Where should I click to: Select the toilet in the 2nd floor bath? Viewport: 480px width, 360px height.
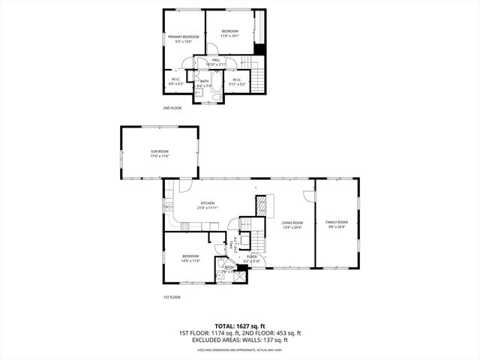(x=213, y=95)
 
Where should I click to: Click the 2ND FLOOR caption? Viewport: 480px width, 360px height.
(x=172, y=108)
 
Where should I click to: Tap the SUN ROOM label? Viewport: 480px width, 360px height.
(x=159, y=154)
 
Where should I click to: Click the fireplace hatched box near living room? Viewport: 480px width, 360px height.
(x=262, y=205)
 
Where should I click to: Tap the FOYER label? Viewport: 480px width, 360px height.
(x=252, y=258)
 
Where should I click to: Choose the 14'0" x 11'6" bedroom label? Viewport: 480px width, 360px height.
(x=190, y=259)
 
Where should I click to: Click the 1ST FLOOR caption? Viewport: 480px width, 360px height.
(x=172, y=297)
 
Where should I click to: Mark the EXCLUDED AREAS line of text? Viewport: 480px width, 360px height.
(x=239, y=340)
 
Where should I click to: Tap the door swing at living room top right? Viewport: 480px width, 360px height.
(x=307, y=196)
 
